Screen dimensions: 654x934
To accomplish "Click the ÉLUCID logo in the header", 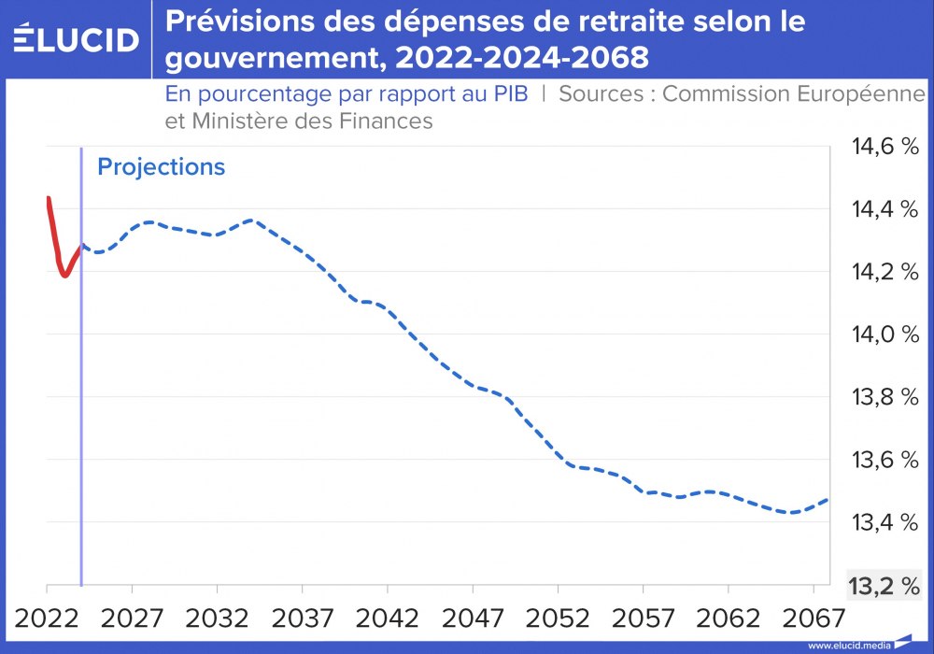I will tap(77, 39).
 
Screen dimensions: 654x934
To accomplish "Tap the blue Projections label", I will tap(162, 167).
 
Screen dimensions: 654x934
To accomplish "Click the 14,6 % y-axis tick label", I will tap(883, 147).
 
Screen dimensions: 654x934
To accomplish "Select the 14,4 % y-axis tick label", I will tap(883, 209).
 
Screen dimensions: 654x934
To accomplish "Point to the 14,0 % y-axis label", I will tap(883, 334).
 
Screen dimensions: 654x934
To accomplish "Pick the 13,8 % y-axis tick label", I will tap(883, 397).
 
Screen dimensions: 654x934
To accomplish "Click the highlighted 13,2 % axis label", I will tap(883, 586).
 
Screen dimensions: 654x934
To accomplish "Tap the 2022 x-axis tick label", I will tap(47, 618).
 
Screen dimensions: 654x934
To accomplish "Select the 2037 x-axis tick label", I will tap(303, 618).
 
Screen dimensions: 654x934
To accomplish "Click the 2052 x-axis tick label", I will tap(558, 618).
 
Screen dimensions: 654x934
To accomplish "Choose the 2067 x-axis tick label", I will tap(814, 618).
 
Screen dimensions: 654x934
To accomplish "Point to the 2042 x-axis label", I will tap(388, 618).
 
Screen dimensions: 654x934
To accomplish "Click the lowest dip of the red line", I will tap(64, 276).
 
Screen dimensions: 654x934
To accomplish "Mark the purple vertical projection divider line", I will tap(81, 374).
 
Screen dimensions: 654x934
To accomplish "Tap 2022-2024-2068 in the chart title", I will tap(521, 58).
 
